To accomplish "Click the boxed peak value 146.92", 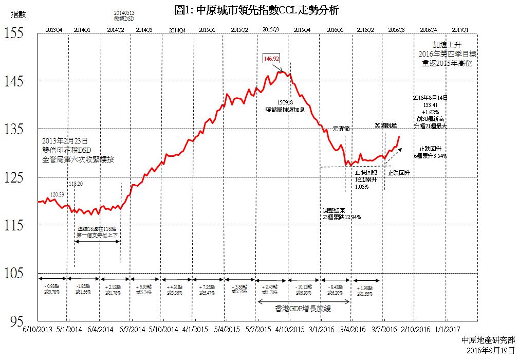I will coord(271,59).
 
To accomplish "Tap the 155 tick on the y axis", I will coord(14,33).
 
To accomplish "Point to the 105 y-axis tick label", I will coord(14,273).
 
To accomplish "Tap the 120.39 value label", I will coord(57,194).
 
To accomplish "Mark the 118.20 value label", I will coord(75,184).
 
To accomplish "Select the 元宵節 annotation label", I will coord(341,128).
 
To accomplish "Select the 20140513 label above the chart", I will coord(124,13).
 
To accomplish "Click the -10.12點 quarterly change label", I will coord(304,286).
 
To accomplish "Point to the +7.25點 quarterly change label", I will coord(207,286).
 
